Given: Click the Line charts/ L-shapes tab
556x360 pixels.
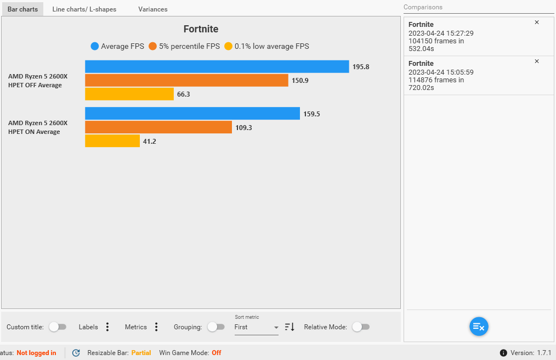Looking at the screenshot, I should click(84, 9).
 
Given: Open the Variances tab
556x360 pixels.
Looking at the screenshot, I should click(152, 9).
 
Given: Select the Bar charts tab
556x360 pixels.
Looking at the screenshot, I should click(22, 9).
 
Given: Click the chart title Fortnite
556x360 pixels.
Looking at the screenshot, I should click(200, 29).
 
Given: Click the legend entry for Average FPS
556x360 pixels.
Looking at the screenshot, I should click(117, 47).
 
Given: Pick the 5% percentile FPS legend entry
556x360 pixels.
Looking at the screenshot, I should click(184, 47).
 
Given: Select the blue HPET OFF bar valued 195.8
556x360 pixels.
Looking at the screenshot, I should click(217, 66).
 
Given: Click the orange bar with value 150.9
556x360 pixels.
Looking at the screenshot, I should click(186, 80).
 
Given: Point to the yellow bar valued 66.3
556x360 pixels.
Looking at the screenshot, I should click(129, 94).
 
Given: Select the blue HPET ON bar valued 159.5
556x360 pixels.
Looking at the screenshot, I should click(192, 114).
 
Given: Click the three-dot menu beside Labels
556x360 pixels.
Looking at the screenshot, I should click(107, 327).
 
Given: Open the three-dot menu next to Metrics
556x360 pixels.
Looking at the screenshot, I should click(156, 327).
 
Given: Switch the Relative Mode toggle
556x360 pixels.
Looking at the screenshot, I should click(360, 327).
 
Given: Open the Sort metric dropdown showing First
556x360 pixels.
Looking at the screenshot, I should click(256, 327).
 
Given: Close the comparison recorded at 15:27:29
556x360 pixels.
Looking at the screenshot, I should click(537, 22).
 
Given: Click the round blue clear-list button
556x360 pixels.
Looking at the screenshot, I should click(479, 327).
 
